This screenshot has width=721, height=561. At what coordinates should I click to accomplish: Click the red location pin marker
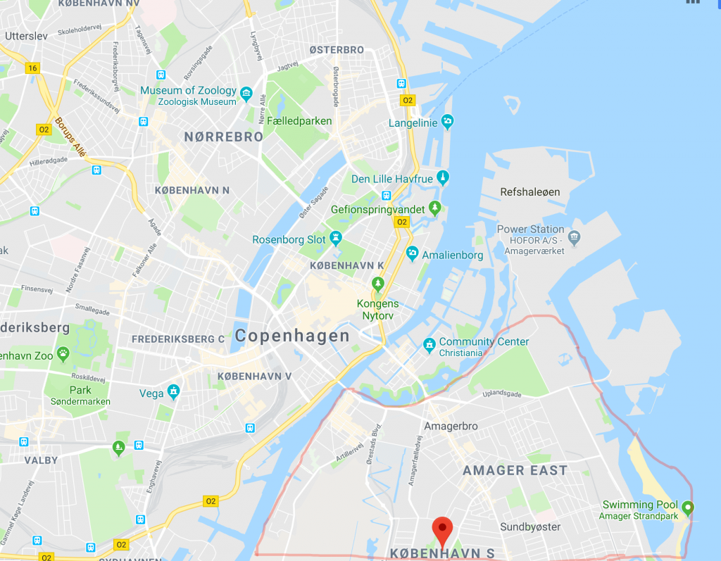tap(441, 529)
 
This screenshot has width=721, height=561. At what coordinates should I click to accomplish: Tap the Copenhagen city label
tap(292, 336)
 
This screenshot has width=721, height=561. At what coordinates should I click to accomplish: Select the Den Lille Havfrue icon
tap(442, 177)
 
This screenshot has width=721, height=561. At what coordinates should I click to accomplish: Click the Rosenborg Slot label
tap(289, 239)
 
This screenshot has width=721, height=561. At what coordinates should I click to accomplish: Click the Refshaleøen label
tap(529, 192)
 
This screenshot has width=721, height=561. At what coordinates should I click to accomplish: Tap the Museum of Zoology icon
tap(246, 93)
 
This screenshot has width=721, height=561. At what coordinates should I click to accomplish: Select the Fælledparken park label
tap(299, 121)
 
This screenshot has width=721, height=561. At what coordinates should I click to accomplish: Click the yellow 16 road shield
tap(32, 68)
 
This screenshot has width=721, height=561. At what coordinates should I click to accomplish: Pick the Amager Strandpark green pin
tap(688, 507)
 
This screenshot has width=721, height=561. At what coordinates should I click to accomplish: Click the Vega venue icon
tap(174, 392)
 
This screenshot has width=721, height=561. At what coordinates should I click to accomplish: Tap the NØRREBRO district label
tap(223, 137)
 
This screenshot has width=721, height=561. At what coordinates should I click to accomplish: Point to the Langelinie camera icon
tap(447, 121)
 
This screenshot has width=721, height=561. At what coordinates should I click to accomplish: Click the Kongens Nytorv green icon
tap(378, 284)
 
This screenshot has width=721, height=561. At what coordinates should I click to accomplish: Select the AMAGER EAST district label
tap(515, 470)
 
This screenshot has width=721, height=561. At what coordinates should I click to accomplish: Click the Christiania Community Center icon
tap(429, 345)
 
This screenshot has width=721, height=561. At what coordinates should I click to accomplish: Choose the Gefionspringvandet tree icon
tap(435, 208)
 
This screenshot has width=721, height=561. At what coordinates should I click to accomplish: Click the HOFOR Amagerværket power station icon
tap(575, 236)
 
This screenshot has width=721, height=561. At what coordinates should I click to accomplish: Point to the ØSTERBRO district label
tap(337, 50)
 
